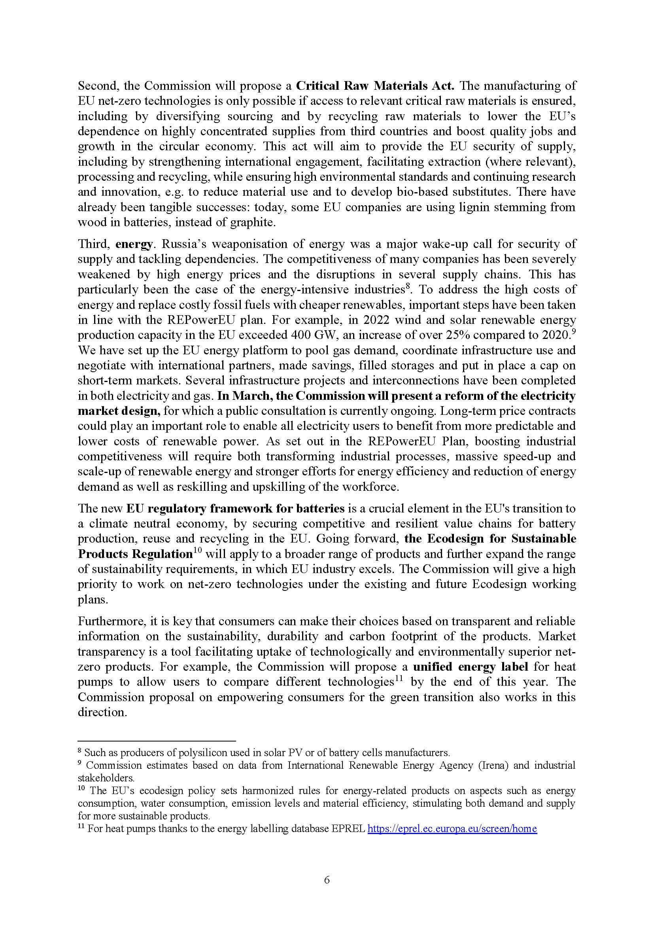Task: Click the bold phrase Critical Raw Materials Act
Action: [x=375, y=86]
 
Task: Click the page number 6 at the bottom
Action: [x=327, y=880]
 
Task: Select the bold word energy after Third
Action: [x=134, y=244]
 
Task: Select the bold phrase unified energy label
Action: [x=471, y=667]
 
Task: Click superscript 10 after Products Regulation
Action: [x=197, y=551]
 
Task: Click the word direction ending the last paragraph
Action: [x=102, y=712]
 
